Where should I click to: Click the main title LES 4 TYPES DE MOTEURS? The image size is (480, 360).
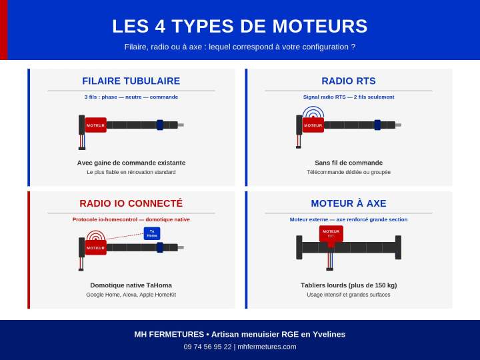240,26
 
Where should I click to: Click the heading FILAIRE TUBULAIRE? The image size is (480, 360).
131,81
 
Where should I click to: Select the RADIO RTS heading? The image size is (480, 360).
349,81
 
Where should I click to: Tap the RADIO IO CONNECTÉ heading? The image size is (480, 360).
131,203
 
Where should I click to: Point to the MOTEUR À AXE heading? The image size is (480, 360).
349,203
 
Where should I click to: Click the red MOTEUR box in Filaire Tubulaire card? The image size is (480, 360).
95,125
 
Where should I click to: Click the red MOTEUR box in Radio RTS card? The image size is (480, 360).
313,125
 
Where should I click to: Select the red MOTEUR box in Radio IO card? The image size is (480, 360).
95,248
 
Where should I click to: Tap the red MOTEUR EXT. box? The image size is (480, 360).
331,233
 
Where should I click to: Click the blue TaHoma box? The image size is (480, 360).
152,233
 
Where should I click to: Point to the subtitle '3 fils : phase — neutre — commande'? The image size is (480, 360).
131,97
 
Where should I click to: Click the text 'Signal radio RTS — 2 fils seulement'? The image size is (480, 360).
349,97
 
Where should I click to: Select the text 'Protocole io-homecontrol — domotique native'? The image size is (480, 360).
131,219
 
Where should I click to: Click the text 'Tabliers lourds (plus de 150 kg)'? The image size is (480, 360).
349,285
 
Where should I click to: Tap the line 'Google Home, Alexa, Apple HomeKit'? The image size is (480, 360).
131,295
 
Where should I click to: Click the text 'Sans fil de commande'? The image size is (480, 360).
349,163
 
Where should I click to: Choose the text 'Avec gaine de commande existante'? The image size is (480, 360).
131,163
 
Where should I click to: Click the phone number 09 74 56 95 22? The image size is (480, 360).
208,347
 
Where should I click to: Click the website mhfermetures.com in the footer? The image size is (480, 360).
267,347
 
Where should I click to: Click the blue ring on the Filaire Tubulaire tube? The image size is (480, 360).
160,125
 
